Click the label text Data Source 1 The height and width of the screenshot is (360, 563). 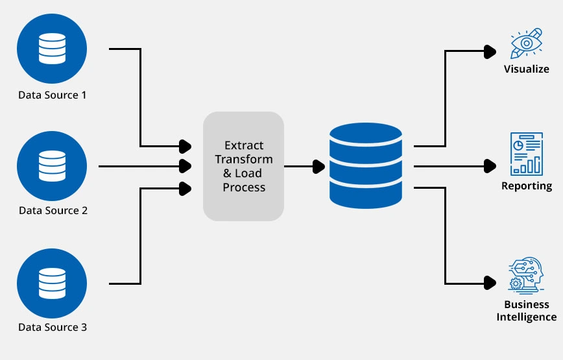(x=53, y=95)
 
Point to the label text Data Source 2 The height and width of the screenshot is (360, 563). (x=53, y=211)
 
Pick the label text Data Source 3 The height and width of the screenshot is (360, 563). (x=53, y=328)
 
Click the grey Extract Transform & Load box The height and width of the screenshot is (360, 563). (x=244, y=166)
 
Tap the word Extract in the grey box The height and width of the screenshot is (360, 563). (x=244, y=145)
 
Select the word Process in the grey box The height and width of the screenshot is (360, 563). (x=244, y=187)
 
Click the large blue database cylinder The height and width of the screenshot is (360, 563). (x=367, y=166)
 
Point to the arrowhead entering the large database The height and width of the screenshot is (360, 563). (x=318, y=166)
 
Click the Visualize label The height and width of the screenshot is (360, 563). (x=527, y=69)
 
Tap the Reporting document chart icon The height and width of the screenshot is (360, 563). (x=527, y=154)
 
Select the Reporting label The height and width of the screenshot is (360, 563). (x=527, y=186)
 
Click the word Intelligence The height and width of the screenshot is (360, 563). (x=527, y=317)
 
